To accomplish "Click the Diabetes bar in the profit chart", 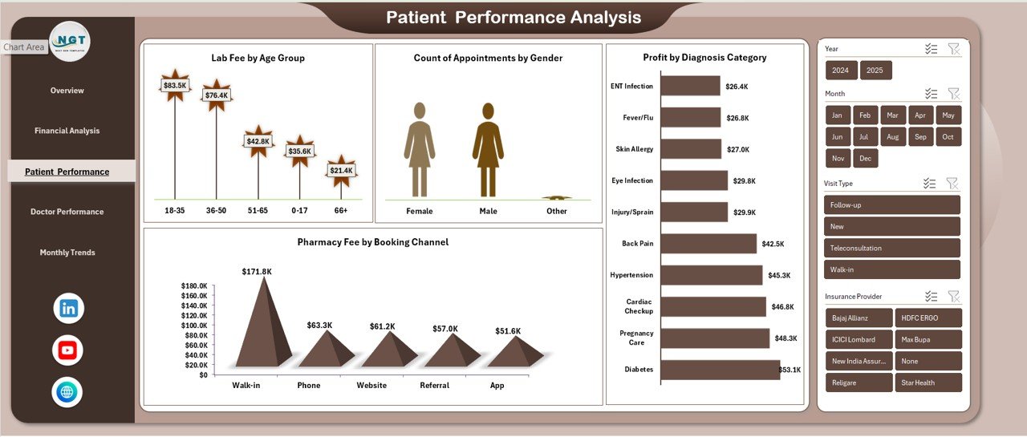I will [x=720, y=370].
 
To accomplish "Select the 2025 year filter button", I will [x=875, y=71].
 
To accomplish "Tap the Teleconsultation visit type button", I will [x=891, y=248].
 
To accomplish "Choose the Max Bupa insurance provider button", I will [x=928, y=339].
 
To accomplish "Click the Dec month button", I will [x=865, y=158].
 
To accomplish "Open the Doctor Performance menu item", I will [x=67, y=212].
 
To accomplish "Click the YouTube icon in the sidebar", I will [x=67, y=350].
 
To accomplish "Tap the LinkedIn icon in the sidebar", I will [x=67, y=308].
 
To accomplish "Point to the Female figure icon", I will [x=419, y=149].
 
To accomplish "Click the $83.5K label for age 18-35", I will [x=174, y=85].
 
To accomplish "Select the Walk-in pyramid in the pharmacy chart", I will [x=262, y=321].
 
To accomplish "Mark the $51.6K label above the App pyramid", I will [x=508, y=331].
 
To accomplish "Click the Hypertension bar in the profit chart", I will [x=711, y=275].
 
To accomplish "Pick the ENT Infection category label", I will [x=631, y=87].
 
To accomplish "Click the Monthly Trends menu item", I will [x=67, y=253].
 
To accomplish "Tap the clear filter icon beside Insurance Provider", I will [x=953, y=296].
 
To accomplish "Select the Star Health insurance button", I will [x=928, y=382].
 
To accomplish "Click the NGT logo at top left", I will [x=70, y=41].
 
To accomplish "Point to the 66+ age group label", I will [x=341, y=211].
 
